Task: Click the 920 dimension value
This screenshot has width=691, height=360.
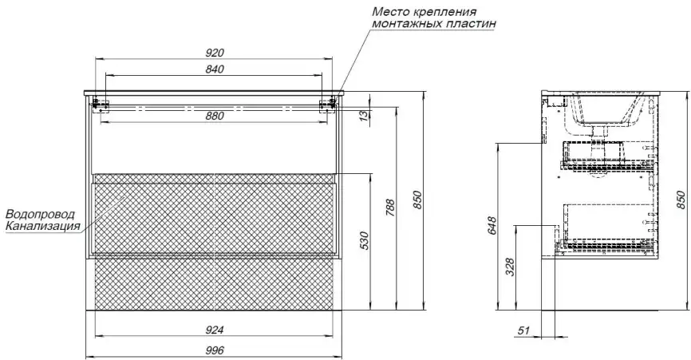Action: pyautogui.click(x=215, y=53)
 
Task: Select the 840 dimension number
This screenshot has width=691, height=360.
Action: pyautogui.click(x=215, y=69)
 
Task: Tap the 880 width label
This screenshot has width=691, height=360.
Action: pyautogui.click(x=215, y=116)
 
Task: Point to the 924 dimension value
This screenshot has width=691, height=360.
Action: pyautogui.click(x=215, y=330)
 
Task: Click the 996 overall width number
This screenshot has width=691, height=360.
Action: pyautogui.click(x=215, y=350)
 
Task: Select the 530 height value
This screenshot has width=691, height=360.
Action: pyautogui.click(x=365, y=240)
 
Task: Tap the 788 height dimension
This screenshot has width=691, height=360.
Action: pyautogui.click(x=390, y=208)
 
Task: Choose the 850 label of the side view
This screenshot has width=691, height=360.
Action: pyautogui.click(x=681, y=200)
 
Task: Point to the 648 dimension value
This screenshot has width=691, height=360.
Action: pyautogui.click(x=492, y=226)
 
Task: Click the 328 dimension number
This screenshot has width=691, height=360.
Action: pyautogui.click(x=510, y=267)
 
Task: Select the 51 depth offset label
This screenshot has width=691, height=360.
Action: pyautogui.click(x=523, y=330)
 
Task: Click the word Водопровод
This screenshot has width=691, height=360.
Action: pyautogui.click(x=40, y=215)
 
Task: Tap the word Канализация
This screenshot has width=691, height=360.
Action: pyautogui.click(x=43, y=226)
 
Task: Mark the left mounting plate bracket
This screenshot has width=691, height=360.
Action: pyautogui.click(x=101, y=105)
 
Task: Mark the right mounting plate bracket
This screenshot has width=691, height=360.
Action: pyautogui.click(x=327, y=105)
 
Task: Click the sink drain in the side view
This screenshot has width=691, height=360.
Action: pyautogui.click(x=599, y=132)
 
